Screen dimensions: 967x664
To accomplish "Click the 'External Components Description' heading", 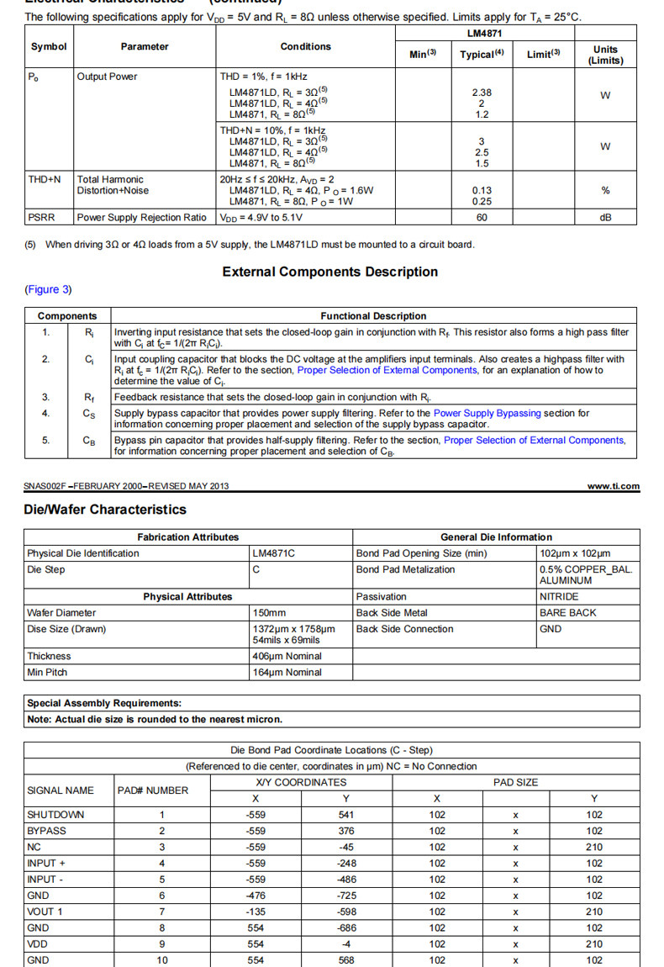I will [x=330, y=272].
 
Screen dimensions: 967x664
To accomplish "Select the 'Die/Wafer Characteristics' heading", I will [x=105, y=510].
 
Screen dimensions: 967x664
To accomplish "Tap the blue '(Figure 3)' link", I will [x=48, y=289].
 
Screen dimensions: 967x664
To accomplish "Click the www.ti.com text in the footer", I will [x=613, y=486].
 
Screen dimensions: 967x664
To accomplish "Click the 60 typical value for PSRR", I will [x=481, y=218].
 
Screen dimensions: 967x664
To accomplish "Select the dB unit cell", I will [x=604, y=218].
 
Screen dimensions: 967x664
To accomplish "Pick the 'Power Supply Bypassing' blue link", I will [x=487, y=413].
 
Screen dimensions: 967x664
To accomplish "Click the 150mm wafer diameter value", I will [x=269, y=613].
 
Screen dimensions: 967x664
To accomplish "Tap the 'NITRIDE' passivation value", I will [x=559, y=596].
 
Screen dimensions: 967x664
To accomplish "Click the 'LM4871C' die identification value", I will [x=274, y=553].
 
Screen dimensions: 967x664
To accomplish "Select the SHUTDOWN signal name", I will [x=55, y=815].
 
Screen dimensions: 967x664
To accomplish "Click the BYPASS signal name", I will [x=47, y=831].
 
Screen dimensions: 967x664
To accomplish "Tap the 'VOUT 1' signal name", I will [x=45, y=912].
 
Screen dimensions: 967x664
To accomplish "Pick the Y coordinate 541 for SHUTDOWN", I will [x=346, y=815].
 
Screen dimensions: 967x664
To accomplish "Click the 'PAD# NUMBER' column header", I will [x=153, y=790].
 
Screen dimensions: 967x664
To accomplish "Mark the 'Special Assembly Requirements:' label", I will [x=104, y=703].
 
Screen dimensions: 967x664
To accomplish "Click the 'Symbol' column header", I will [x=49, y=47].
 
